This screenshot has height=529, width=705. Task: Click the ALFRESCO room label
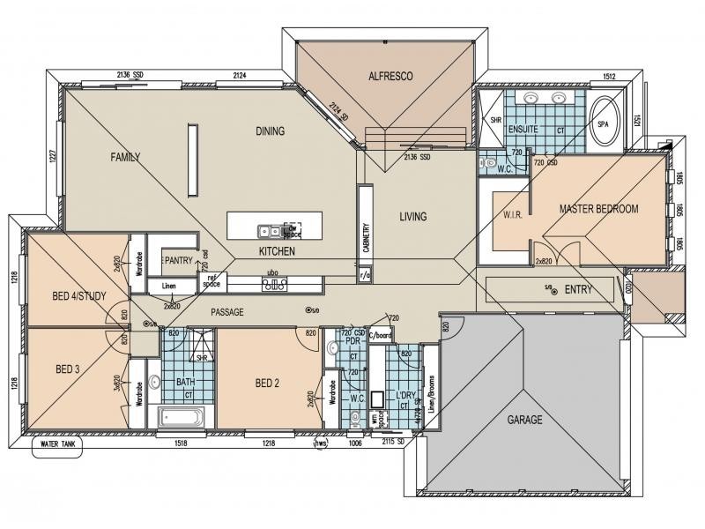click(x=390, y=77)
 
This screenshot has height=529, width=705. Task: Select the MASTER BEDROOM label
click(x=599, y=209)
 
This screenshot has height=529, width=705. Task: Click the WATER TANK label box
click(x=58, y=444)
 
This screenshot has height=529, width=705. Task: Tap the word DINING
click(x=271, y=131)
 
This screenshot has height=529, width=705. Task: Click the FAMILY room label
click(x=125, y=157)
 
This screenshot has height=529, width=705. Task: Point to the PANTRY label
click(x=179, y=260)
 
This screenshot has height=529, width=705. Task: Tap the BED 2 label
click(x=267, y=383)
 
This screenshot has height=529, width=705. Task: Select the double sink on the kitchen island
click(x=270, y=232)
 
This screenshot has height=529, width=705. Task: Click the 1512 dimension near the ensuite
click(x=607, y=76)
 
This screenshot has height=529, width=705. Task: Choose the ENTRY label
click(x=578, y=290)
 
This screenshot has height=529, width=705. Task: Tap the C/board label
click(x=380, y=335)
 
